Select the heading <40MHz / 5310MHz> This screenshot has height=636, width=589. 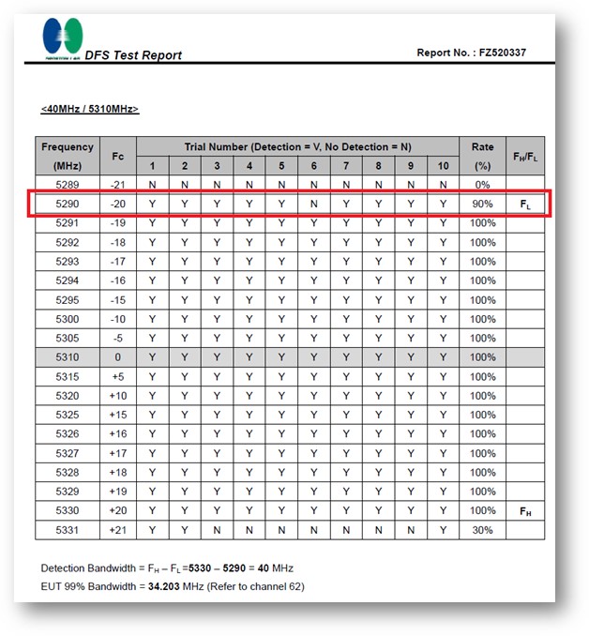[x=89, y=110]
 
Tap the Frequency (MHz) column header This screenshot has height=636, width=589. [x=68, y=156]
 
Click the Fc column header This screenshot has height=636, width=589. [x=117, y=156]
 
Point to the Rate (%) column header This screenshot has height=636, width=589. [x=482, y=156]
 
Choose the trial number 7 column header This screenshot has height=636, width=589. [x=345, y=166]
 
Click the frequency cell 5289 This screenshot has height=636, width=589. [x=68, y=185]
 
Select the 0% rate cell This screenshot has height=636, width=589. [x=482, y=185]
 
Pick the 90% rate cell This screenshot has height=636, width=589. [x=482, y=204]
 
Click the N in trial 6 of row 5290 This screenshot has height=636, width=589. [x=313, y=204]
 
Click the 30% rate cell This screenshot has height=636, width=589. [x=482, y=530]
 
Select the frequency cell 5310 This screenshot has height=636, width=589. [x=68, y=357]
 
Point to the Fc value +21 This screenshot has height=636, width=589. [x=117, y=530]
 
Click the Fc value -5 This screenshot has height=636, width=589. [x=117, y=338]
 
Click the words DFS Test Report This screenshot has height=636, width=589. [x=133, y=55]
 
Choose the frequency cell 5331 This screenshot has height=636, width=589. [x=68, y=530]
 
